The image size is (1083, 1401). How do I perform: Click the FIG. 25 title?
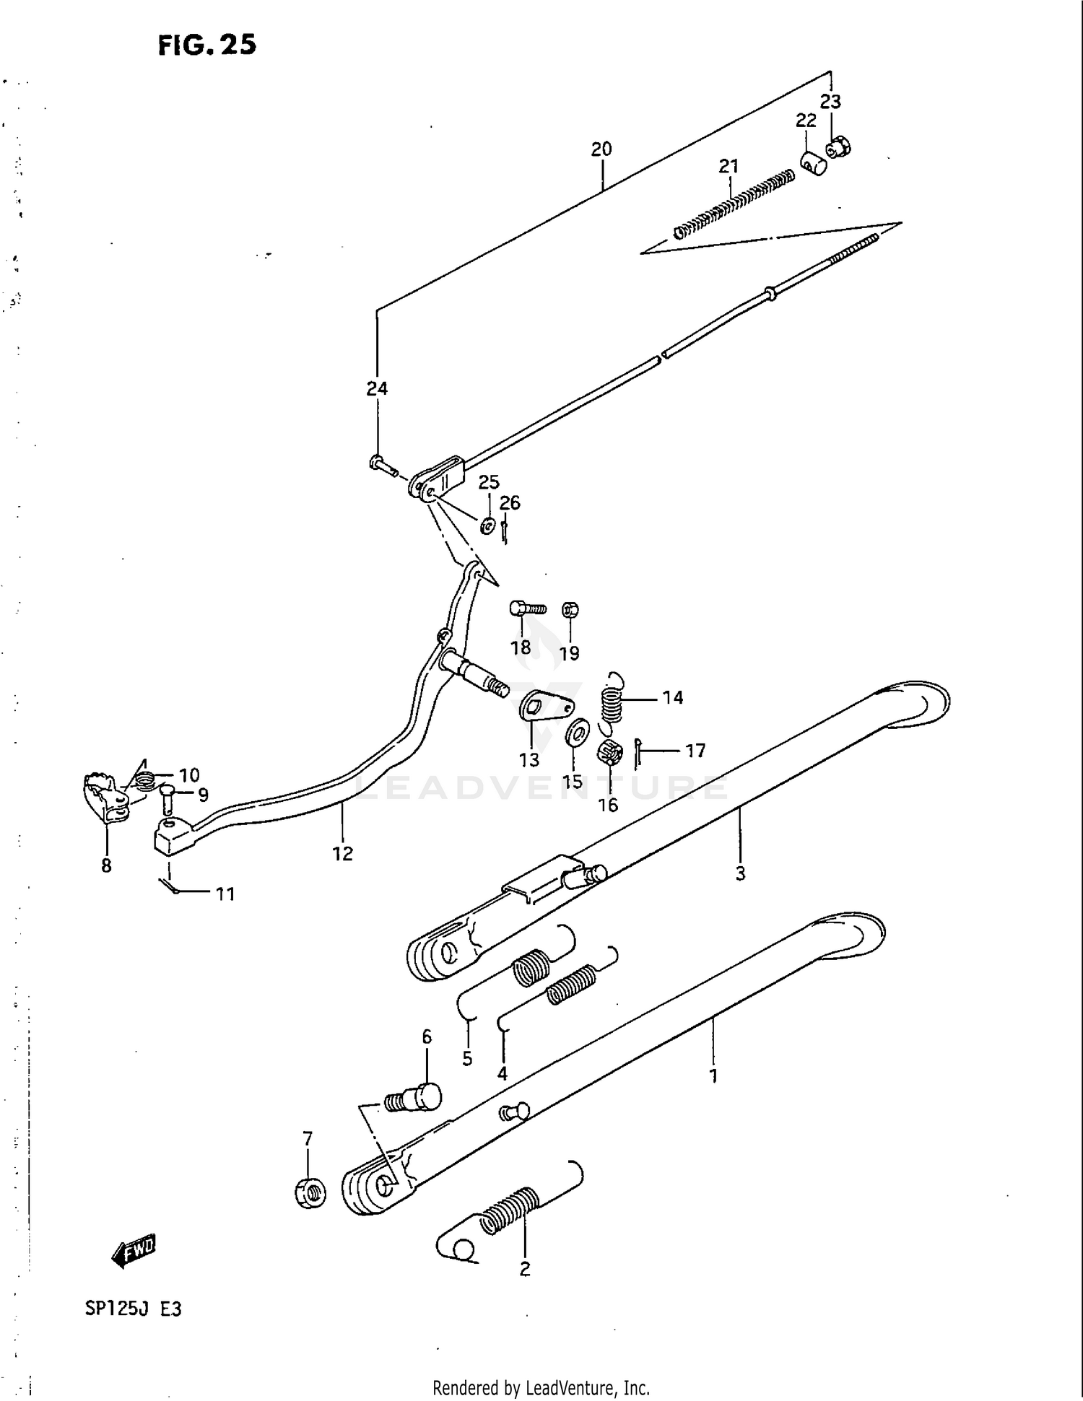pyautogui.click(x=206, y=45)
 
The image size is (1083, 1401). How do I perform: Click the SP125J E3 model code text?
pyautogui.click(x=133, y=1309)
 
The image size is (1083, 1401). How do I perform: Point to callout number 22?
pyautogui.click(x=806, y=121)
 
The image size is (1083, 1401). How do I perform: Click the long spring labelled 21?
pyautogui.click(x=733, y=203)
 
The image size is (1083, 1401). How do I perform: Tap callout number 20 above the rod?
pyautogui.click(x=601, y=149)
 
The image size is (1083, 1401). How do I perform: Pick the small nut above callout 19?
pyautogui.click(x=570, y=611)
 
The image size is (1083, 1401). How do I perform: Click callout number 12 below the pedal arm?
pyautogui.click(x=342, y=853)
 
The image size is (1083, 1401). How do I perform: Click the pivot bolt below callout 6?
pyautogui.click(x=415, y=1099)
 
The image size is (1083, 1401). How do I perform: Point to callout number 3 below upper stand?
pyautogui.click(x=740, y=873)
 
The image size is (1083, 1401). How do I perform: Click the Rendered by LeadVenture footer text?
pyautogui.click(x=541, y=1387)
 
